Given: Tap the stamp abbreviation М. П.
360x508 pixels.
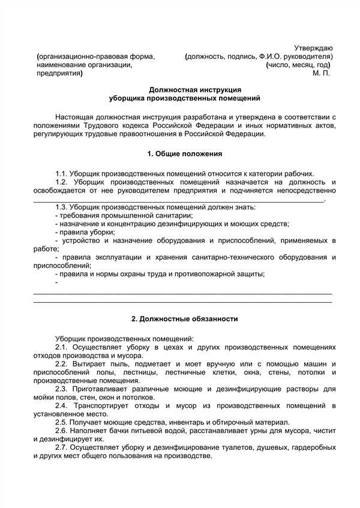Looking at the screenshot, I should pos(322,74).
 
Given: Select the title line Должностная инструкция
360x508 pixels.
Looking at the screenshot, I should pos(187,90).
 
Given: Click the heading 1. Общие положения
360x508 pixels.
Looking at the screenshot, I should pos(185,154).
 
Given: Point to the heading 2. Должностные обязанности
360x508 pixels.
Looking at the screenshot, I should pos(185,319).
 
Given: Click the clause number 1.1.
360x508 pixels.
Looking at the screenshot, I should pos(61,173).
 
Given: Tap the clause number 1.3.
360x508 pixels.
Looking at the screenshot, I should pos(61,207).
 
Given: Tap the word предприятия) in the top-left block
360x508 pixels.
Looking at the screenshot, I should pos(59,74).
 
